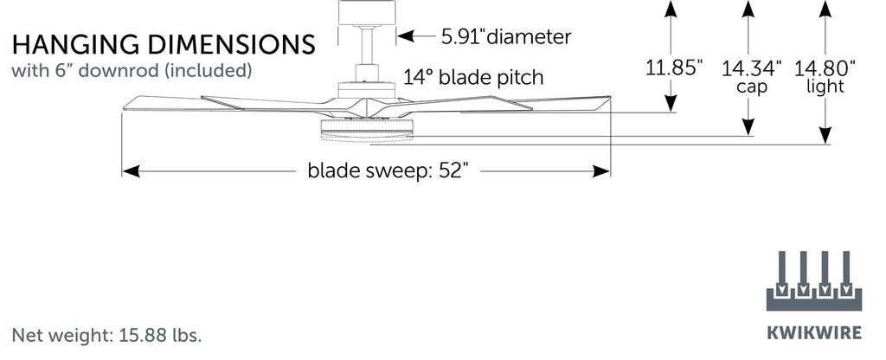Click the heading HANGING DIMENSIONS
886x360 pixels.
point(163,44)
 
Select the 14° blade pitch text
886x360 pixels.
point(472,77)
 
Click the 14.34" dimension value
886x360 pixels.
point(752,67)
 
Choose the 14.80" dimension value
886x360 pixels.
point(825,67)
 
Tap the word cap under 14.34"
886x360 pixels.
point(749,87)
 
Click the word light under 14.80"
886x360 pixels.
point(825,87)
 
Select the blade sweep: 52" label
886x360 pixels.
point(388,171)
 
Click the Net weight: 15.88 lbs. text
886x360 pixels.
point(107,334)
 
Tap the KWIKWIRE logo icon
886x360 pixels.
point(810,281)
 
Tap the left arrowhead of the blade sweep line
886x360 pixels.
point(130,172)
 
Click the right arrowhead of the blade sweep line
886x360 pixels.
point(603,172)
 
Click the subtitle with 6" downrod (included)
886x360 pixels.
point(132,70)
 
